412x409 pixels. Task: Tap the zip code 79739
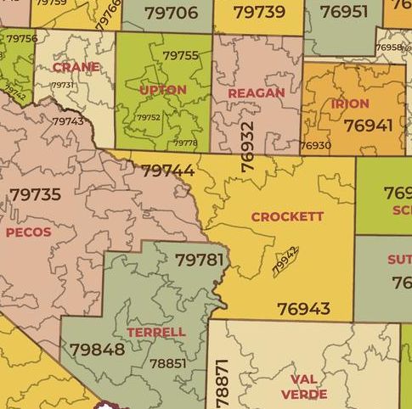point(258,12)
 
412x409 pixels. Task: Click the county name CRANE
point(76,67)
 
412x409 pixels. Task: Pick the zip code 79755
point(180,55)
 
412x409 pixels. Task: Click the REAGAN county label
point(256,92)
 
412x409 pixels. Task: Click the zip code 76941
point(369,125)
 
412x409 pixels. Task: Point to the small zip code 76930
point(315,146)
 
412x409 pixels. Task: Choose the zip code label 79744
point(167,171)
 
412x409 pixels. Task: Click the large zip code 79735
point(36,194)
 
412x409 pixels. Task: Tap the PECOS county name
point(28,232)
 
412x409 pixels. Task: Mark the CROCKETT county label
point(287,216)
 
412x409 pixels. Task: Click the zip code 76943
point(303,309)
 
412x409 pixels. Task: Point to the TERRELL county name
point(155,332)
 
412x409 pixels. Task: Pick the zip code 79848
point(97,349)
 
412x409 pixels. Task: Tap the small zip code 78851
point(167,363)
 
